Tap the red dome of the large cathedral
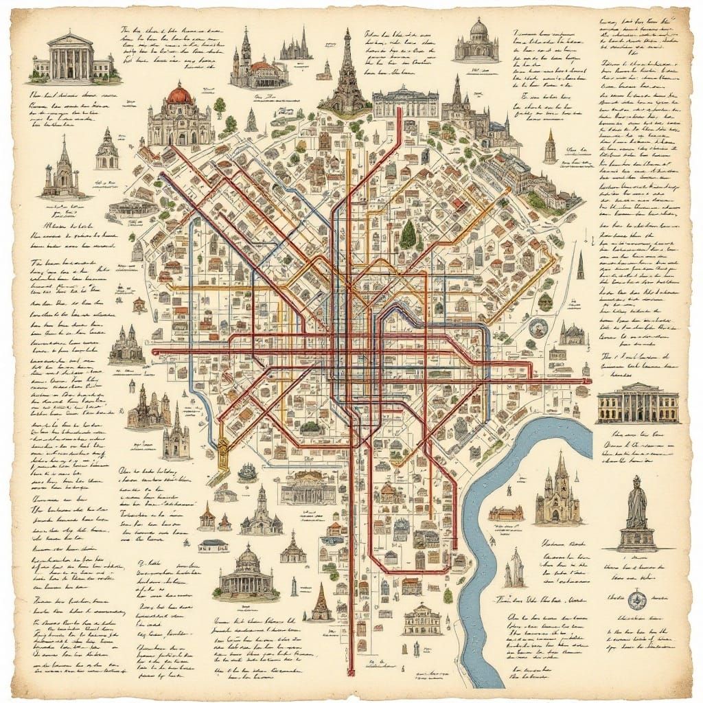click(x=180, y=94)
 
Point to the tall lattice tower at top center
click(x=347, y=72)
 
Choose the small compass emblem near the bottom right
click(x=636, y=601)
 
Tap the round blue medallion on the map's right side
click(x=538, y=327)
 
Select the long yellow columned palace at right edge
click(x=637, y=403)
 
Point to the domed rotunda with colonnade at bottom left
click(x=247, y=572)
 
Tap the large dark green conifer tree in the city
click(x=408, y=235)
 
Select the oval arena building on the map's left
click(x=133, y=208)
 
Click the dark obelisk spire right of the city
click(x=579, y=266)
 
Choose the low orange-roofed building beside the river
click(x=506, y=513)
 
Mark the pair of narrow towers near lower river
click(x=514, y=568)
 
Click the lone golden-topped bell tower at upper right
click(x=549, y=146)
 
